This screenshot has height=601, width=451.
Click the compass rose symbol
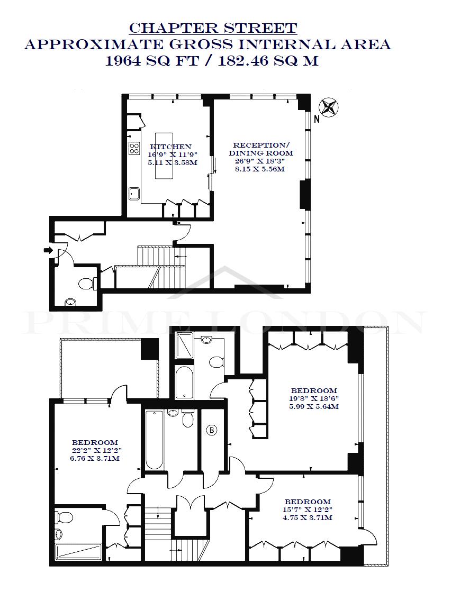tap(329, 107)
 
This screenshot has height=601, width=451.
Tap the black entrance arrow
tap(48, 250)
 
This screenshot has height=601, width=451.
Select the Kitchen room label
tap(170, 147)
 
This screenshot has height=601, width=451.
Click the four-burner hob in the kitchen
tap(134, 148)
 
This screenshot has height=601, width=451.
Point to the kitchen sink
tap(134, 194)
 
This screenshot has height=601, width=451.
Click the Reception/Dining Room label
tap(261, 149)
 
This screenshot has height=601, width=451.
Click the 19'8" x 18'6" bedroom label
tap(314, 398)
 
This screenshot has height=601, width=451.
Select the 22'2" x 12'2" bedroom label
tap(95, 450)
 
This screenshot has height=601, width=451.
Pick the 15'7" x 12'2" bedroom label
tap(308, 509)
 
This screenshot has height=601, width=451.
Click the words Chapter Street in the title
tap(213, 28)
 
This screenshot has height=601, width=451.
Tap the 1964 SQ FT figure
tap(152, 61)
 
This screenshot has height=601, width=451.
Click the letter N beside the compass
tap(317, 119)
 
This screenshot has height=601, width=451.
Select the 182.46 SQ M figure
tap(268, 61)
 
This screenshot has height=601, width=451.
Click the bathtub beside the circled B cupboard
tap(154, 440)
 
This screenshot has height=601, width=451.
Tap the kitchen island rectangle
tap(164, 156)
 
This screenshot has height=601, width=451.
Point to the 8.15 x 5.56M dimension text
tap(260, 169)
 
